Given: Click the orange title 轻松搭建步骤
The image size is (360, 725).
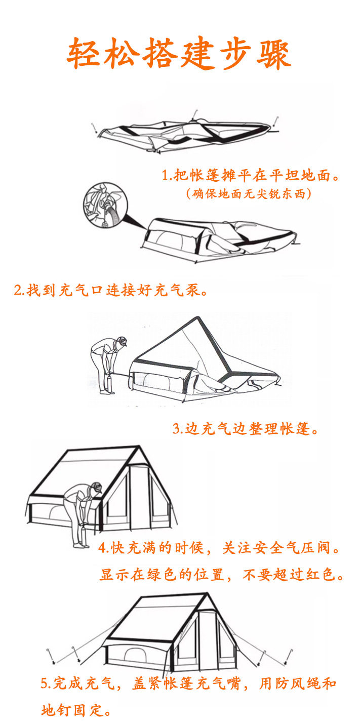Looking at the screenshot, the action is (x=179, y=53).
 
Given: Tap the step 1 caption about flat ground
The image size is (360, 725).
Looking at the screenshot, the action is (x=251, y=175).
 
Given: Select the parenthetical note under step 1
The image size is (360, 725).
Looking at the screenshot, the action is (x=249, y=194).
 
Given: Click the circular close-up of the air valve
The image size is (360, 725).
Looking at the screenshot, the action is (x=105, y=205).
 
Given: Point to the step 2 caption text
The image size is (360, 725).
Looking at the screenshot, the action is (x=111, y=290).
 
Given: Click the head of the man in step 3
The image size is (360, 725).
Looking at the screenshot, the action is (x=122, y=341).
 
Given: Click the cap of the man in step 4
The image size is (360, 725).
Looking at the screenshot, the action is (x=97, y=487).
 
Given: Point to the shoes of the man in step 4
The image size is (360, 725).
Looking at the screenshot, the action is (x=81, y=546).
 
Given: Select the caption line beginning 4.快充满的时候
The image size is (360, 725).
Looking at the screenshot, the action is (x=219, y=548).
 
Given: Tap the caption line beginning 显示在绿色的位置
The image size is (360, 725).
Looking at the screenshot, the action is (x=222, y=575).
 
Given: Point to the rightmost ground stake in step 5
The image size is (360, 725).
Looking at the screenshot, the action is (x=289, y=656).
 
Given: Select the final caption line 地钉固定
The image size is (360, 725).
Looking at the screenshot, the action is (x=76, y=710).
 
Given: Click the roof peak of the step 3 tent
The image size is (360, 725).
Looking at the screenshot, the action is (x=196, y=318).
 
